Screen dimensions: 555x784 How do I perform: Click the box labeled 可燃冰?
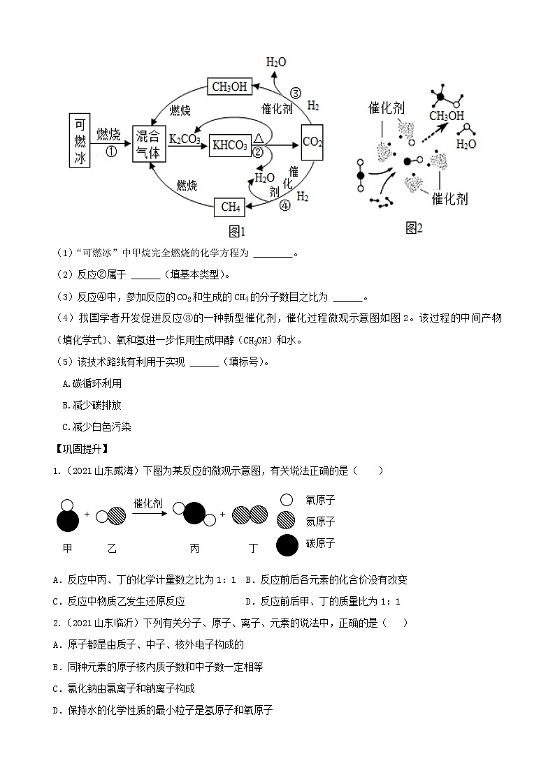[80, 140]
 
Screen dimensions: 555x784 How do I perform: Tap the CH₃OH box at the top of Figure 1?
[229, 87]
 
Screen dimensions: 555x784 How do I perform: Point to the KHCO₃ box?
[229, 145]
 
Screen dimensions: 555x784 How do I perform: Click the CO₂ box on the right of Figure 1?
[312, 142]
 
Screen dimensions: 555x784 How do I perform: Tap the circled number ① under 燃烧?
[110, 150]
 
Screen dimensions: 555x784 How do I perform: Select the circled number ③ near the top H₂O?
[295, 93]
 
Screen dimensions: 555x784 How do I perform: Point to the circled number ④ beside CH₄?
[284, 206]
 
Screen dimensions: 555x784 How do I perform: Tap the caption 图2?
[414, 228]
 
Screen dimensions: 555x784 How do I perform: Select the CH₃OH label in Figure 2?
[447, 116]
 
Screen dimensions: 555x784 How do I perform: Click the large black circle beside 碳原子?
[287, 545]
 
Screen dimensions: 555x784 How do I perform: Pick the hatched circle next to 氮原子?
[287, 521]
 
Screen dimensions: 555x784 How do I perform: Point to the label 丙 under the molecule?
[194, 549]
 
